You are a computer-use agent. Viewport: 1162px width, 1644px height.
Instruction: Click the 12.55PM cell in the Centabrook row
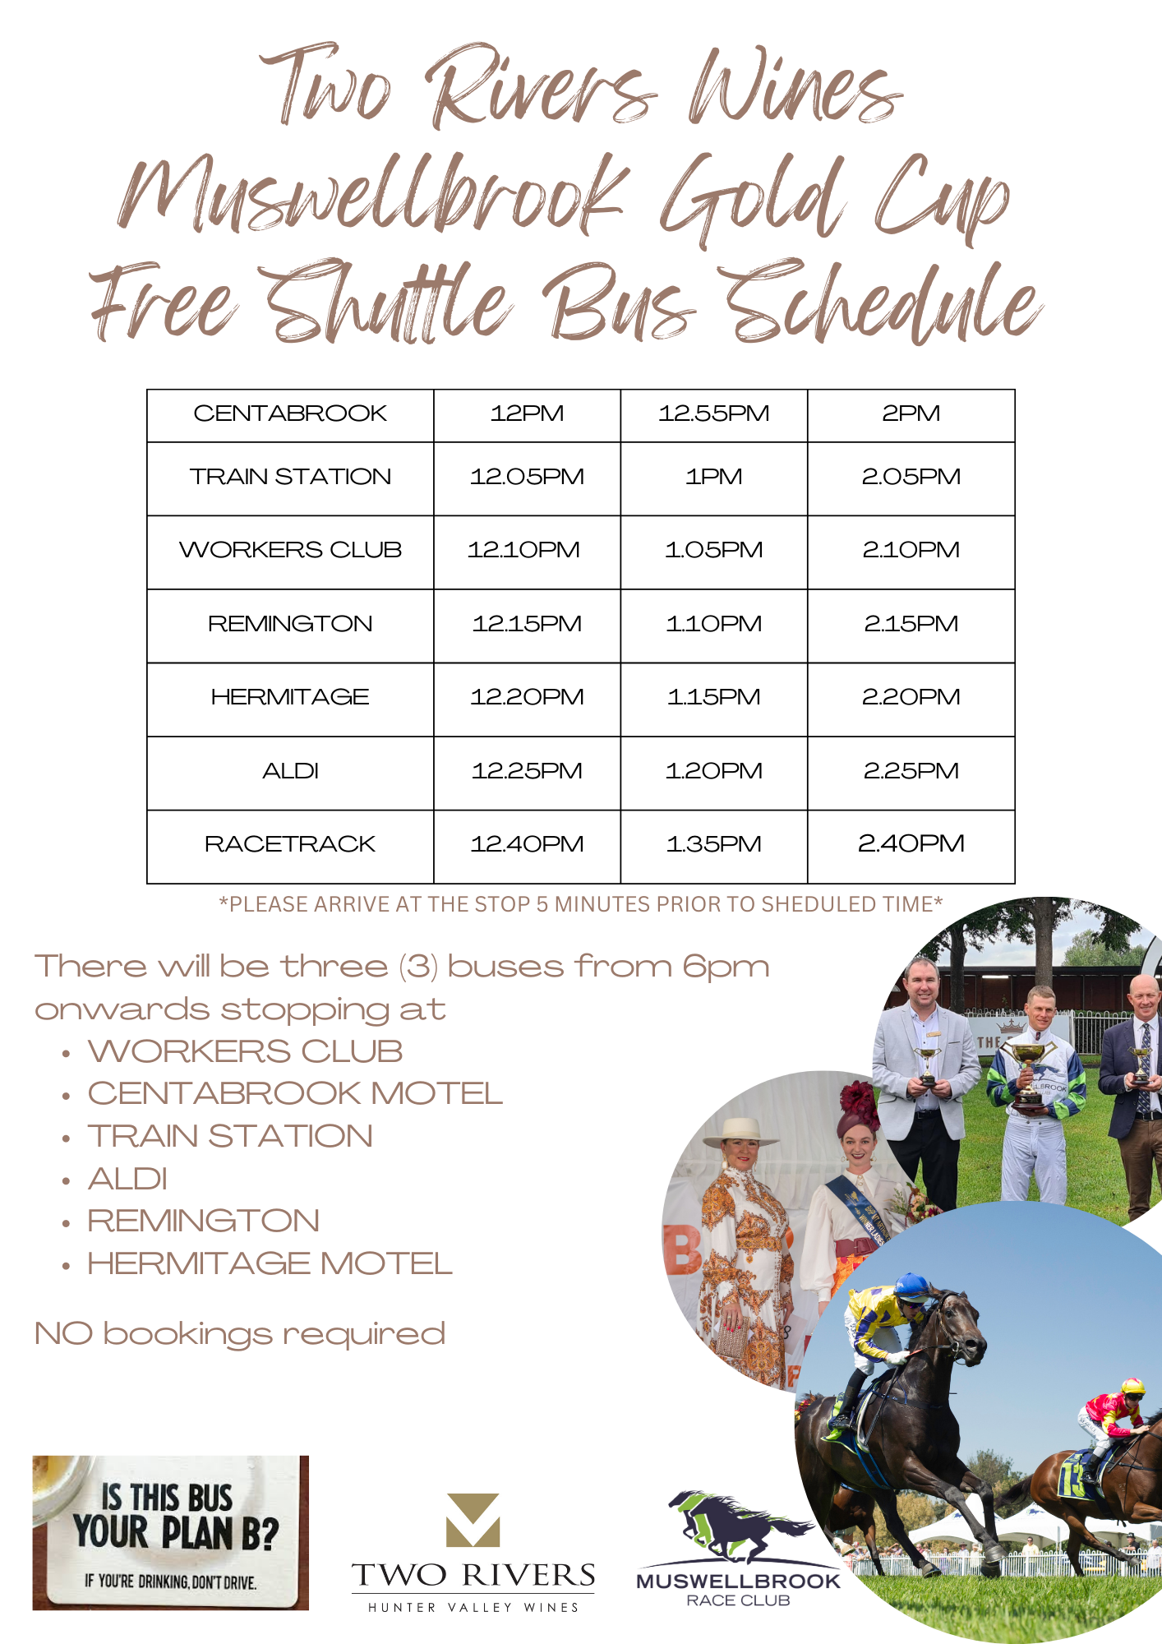pos(713,413)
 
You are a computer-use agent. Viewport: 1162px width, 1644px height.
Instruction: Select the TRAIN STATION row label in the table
pos(290,477)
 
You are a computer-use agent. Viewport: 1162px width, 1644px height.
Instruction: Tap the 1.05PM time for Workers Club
pos(713,550)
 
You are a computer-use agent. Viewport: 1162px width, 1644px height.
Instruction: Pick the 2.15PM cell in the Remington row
pos(911,624)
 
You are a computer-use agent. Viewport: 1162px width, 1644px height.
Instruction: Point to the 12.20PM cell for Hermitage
pos(527,697)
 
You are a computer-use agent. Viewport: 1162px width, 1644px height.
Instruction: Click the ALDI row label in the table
pos(290,771)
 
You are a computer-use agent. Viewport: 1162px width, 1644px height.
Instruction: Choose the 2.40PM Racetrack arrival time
pos(911,843)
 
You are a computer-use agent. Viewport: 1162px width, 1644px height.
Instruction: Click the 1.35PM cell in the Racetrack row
pos(713,844)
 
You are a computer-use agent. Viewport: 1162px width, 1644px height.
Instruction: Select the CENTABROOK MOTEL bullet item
pos(295,1094)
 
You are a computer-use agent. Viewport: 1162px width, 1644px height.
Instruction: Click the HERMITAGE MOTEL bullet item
pos(270,1264)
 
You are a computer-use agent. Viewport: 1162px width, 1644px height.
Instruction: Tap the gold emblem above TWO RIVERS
pos(473,1520)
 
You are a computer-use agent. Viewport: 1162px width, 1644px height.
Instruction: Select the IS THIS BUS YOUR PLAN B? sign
pos(171,1533)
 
